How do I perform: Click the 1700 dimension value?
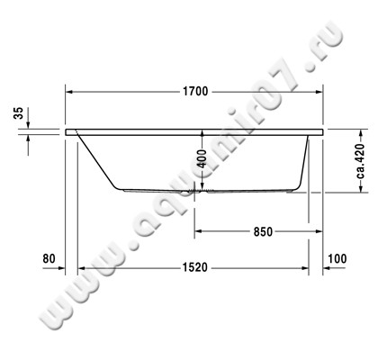(193, 91)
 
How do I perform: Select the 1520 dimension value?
(193, 268)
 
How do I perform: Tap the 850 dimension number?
(261, 231)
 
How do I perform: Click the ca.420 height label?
(358, 162)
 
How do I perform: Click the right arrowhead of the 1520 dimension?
(306, 268)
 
